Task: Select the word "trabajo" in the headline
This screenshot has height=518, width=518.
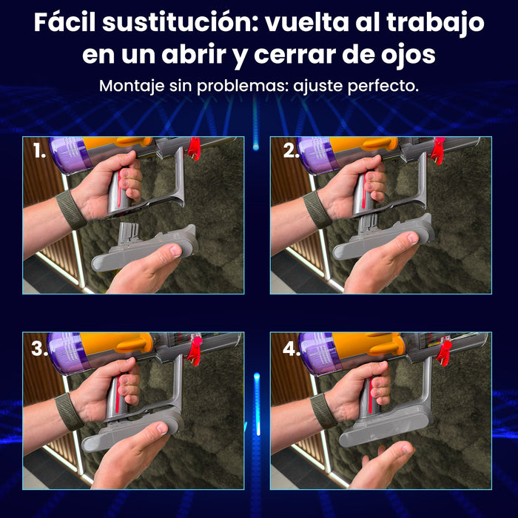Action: (x=435, y=23)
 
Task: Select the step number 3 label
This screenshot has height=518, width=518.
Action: (x=39, y=349)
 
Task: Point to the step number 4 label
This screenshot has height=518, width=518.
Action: (x=292, y=349)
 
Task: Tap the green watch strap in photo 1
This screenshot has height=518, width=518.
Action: (x=71, y=209)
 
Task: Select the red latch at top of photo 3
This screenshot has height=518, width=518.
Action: (x=195, y=351)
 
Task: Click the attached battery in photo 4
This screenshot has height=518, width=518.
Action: (x=386, y=425)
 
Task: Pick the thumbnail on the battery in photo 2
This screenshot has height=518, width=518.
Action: (x=413, y=238)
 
